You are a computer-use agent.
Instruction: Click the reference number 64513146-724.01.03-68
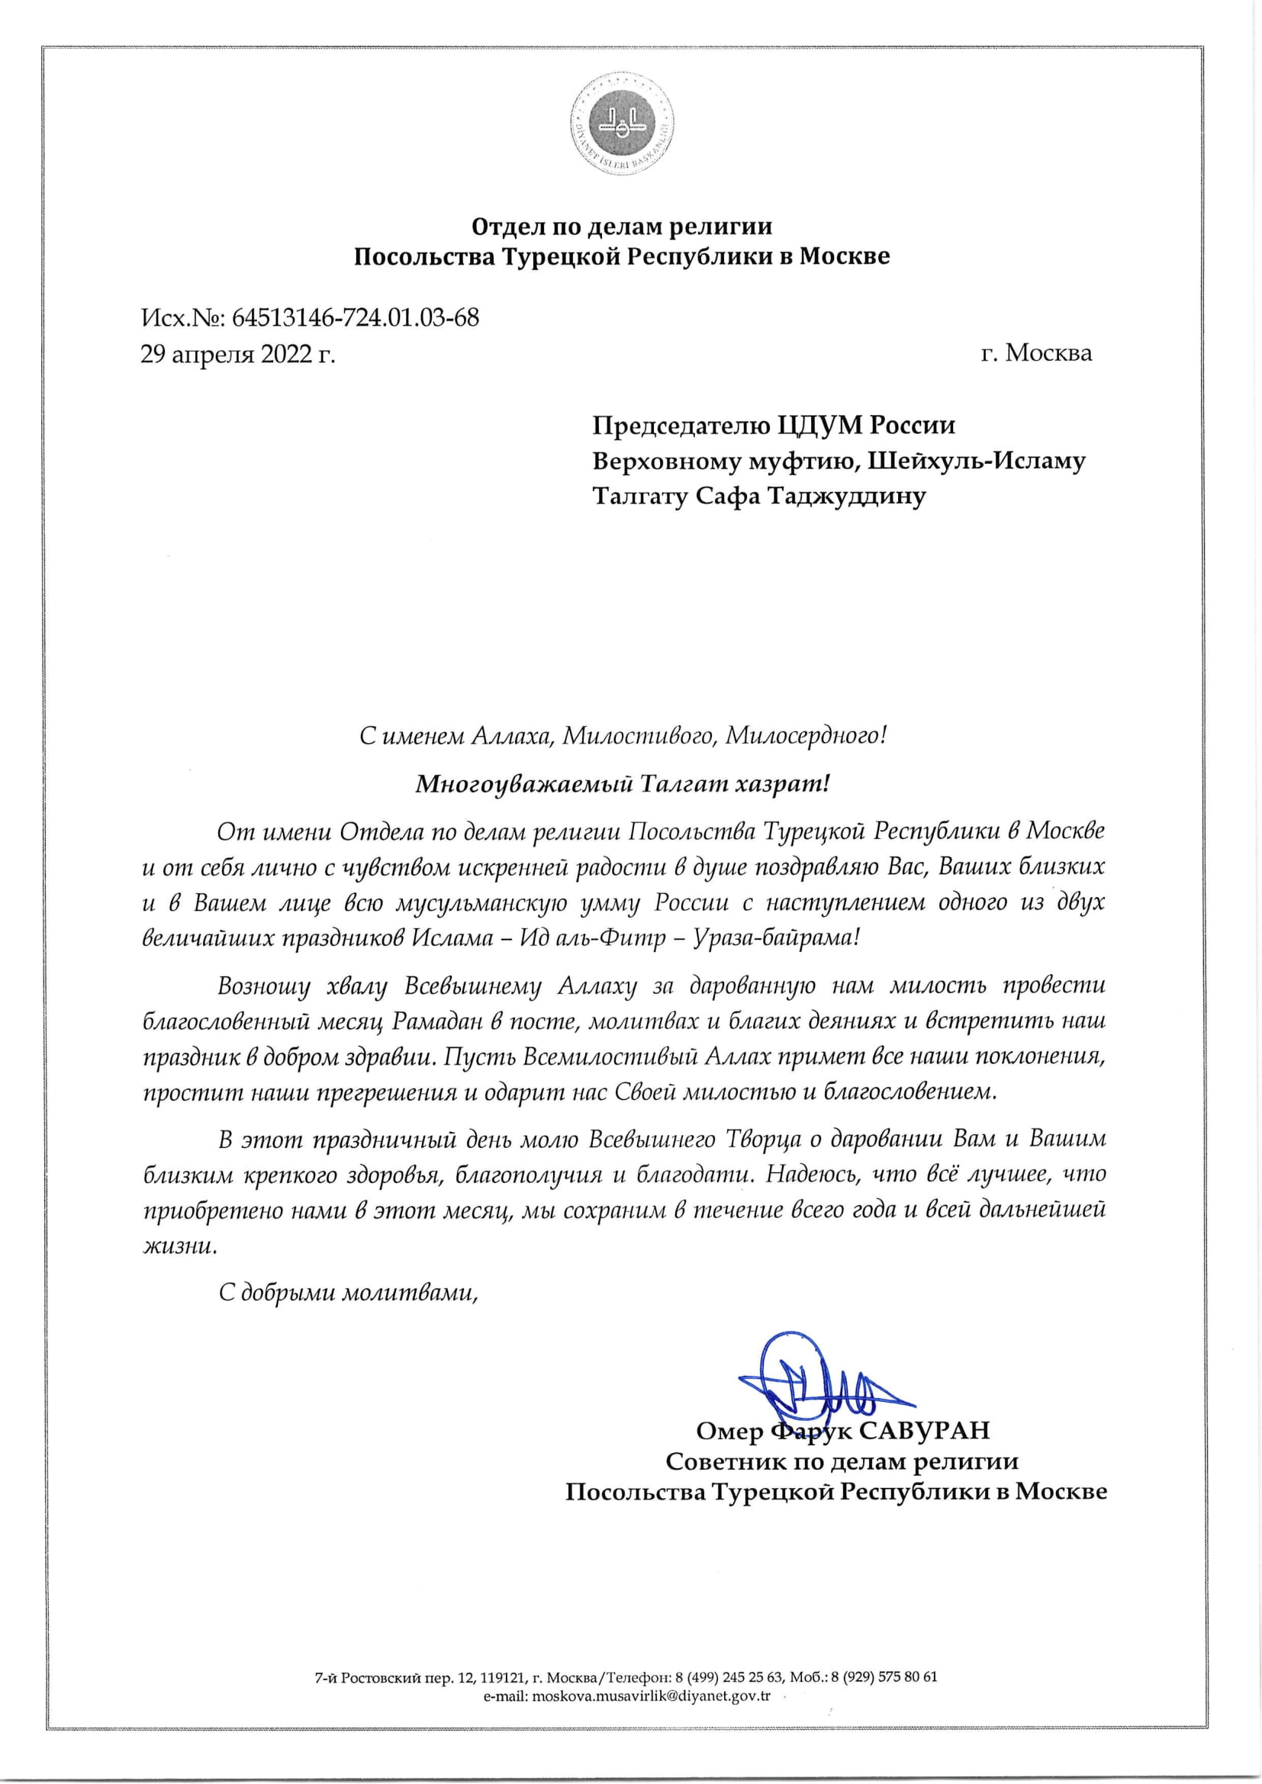tap(355, 318)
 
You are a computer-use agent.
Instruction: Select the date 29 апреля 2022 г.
tap(237, 355)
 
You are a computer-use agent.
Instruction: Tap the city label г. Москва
tap(1036, 353)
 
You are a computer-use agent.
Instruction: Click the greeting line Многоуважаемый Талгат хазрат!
tap(623, 783)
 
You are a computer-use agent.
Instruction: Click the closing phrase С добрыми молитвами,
tap(347, 1293)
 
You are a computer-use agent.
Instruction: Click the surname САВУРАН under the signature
tap(924, 1430)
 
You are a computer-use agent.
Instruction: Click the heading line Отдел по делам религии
tap(622, 227)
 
